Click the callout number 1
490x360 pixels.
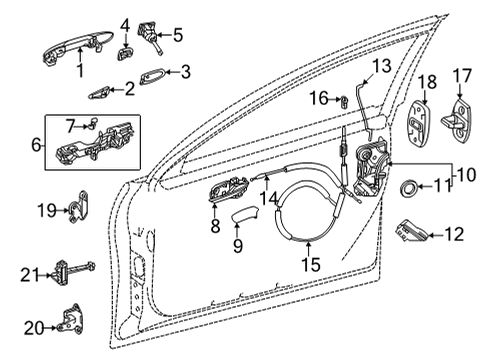78,73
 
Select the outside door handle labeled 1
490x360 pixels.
75,43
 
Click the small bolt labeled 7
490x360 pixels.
88,125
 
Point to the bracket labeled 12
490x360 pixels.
407,231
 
